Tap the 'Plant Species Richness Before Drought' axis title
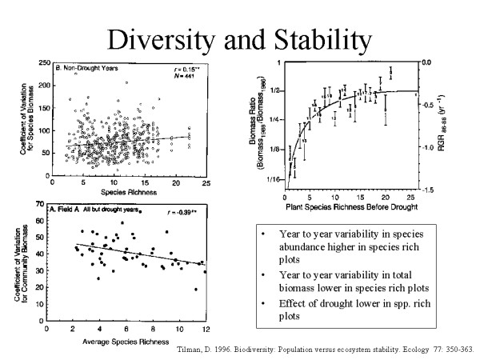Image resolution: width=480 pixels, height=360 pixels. pyautogui.click(x=353, y=207)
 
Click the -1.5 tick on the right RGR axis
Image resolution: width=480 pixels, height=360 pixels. pyautogui.click(x=429, y=190)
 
